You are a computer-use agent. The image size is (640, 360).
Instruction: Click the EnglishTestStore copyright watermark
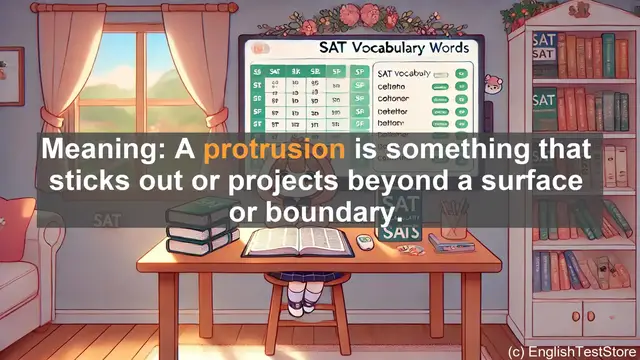click(571, 351)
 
